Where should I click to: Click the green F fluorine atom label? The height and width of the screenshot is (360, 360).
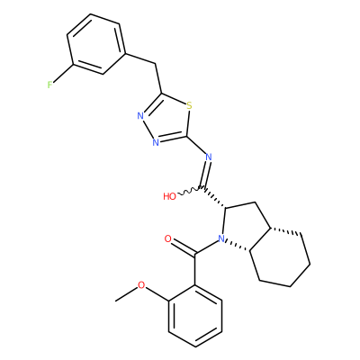pyautogui.click(x=49, y=85)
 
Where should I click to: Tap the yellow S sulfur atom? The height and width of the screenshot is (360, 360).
pyautogui.click(x=189, y=105)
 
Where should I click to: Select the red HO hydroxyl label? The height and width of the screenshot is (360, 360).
pyautogui.click(x=169, y=196)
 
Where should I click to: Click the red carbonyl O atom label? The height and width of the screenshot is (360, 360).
pyautogui.click(x=168, y=239)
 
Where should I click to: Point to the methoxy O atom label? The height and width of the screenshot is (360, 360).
pyautogui.click(x=141, y=285)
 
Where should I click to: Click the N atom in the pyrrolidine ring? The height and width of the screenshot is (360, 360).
pyautogui.click(x=221, y=238)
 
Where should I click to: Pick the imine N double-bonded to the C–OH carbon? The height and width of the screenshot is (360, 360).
pyautogui.click(x=209, y=157)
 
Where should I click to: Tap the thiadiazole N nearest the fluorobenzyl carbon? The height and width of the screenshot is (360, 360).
pyautogui.click(x=140, y=116)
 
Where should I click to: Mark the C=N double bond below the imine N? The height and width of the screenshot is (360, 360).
pyautogui.click(x=206, y=175)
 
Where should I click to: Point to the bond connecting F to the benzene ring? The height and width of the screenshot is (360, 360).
pyautogui.click(x=63, y=73)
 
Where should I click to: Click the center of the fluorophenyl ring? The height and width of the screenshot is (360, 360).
pyautogui.click(x=95, y=44)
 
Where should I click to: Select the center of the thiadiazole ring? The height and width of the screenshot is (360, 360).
pyautogui.click(x=166, y=120)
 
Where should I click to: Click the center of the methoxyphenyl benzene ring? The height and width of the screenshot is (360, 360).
pyautogui.click(x=195, y=316)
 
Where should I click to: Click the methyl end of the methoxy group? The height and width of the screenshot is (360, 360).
pyautogui.click(x=116, y=301)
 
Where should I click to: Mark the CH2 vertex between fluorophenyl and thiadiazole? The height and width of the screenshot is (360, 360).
pyautogui.click(x=156, y=64)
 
